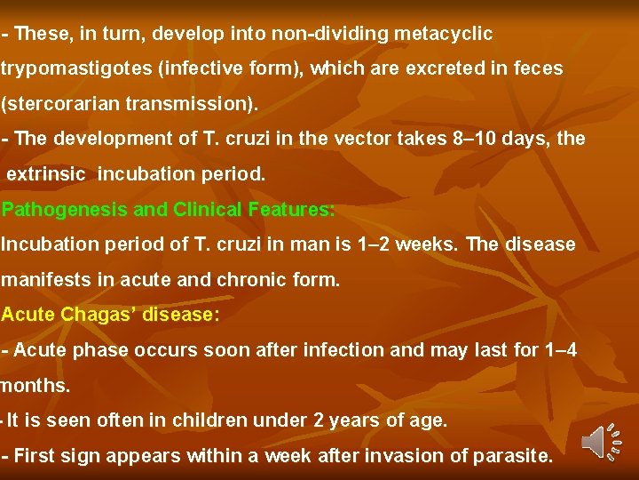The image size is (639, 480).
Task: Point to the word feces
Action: pyautogui.click(x=535, y=68)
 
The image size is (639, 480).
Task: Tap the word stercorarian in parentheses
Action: pyautogui.click(x=63, y=104)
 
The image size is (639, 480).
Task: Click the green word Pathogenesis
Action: pyautogui.click(x=61, y=210)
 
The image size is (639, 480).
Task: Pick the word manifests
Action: pyautogui.click(x=43, y=280)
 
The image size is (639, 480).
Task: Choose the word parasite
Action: pyautogui.click(x=516, y=457)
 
